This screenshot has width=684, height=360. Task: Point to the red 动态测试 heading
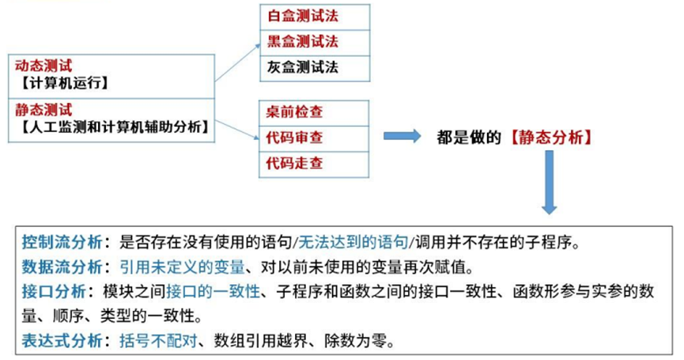(43, 66)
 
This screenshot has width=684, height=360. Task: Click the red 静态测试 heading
(43, 110)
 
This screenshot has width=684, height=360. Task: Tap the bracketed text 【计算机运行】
(60, 83)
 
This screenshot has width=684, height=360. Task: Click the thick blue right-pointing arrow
(402, 136)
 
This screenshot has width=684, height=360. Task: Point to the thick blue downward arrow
(549, 182)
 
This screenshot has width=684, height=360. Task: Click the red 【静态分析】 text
(550, 137)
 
